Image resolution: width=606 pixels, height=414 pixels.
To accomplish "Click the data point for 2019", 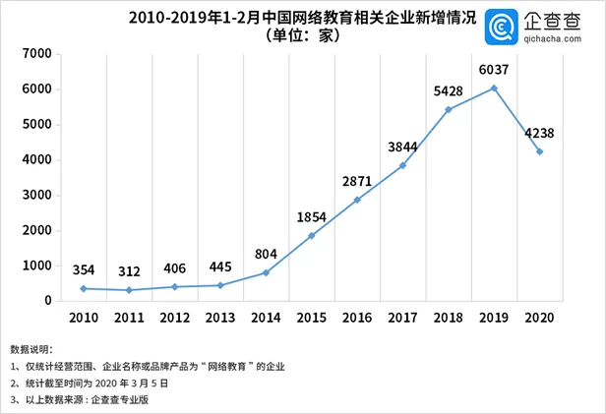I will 494,89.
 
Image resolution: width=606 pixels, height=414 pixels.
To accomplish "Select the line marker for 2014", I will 266,272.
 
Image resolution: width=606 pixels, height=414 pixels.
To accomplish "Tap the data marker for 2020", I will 539,151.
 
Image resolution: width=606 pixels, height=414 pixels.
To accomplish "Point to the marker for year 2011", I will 129,290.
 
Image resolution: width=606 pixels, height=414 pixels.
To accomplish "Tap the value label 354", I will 84,269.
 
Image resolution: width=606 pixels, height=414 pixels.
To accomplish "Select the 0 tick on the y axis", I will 46,300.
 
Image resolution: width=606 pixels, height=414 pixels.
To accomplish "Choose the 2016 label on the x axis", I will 357,318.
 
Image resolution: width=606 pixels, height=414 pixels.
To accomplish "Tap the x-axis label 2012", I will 174,318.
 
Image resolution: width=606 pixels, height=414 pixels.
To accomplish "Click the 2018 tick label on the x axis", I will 449,318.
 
